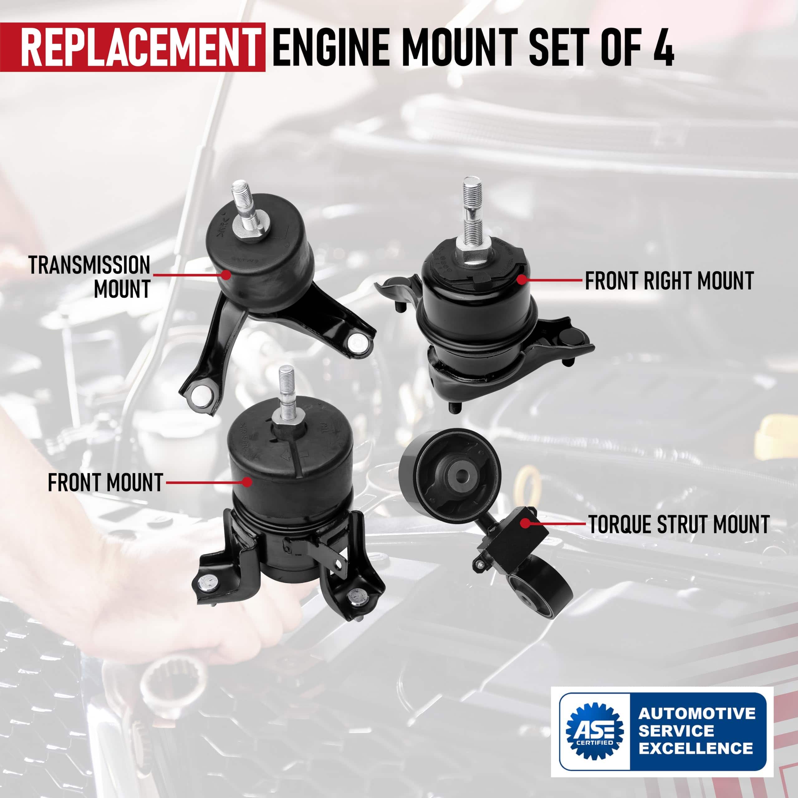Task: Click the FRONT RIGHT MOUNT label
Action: pos(670,281)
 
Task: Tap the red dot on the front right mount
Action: pos(522,280)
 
